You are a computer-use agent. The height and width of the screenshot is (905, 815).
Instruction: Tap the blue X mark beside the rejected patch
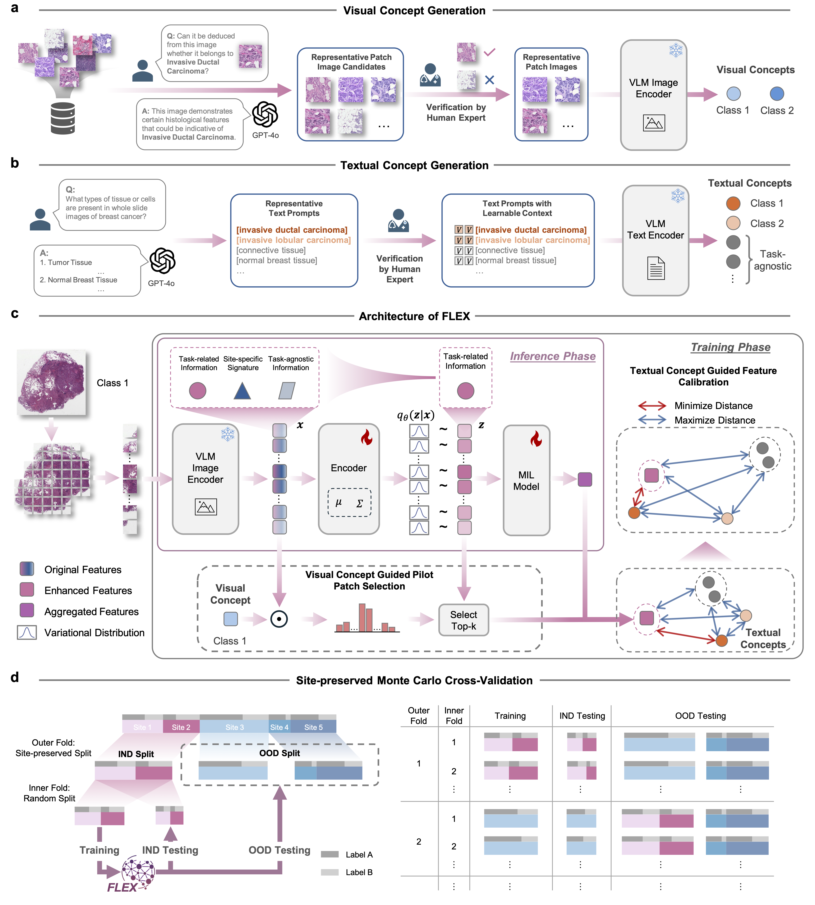tap(490, 80)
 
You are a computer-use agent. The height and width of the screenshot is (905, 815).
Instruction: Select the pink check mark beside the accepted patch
tap(490, 52)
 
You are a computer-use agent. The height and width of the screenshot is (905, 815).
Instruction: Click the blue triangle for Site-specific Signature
tap(242, 391)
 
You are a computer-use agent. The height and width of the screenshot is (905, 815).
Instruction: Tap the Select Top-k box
tap(463, 620)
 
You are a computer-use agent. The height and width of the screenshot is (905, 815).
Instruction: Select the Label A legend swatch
tap(329, 854)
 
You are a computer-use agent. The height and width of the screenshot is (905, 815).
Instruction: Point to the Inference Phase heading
tap(553, 356)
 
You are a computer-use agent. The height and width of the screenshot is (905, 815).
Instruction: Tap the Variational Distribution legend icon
tap(27, 632)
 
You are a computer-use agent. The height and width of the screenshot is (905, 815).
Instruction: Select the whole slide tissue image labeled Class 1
tap(52, 383)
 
